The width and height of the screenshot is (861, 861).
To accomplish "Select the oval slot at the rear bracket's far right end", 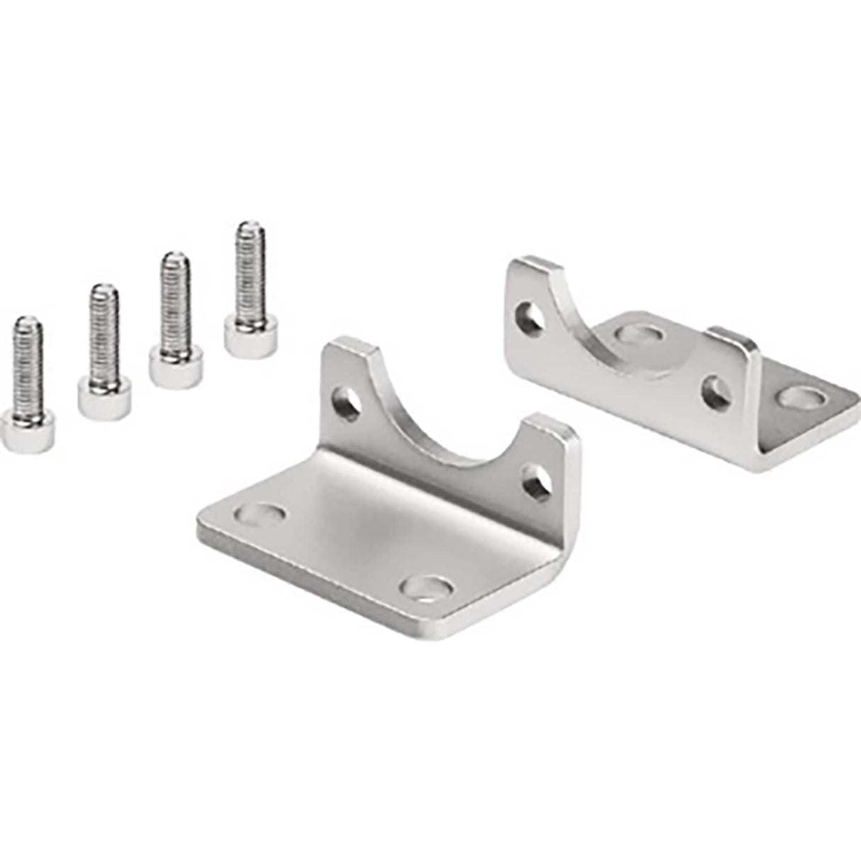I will point(800,397).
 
